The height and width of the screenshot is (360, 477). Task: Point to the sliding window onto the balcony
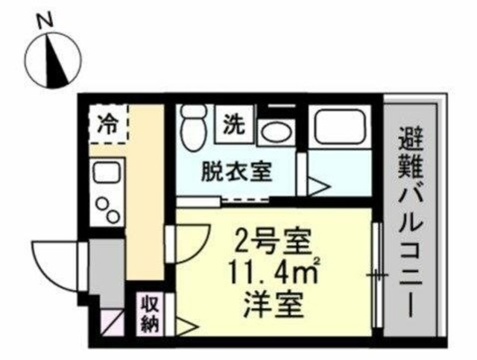tap(377, 276)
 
